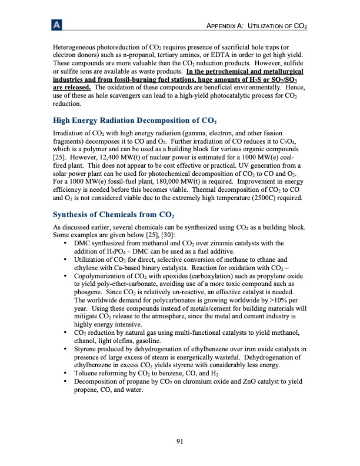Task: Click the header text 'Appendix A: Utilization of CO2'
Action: pyautogui.click(x=255, y=27)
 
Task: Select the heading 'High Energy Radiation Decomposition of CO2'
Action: pyautogui.click(x=131, y=122)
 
